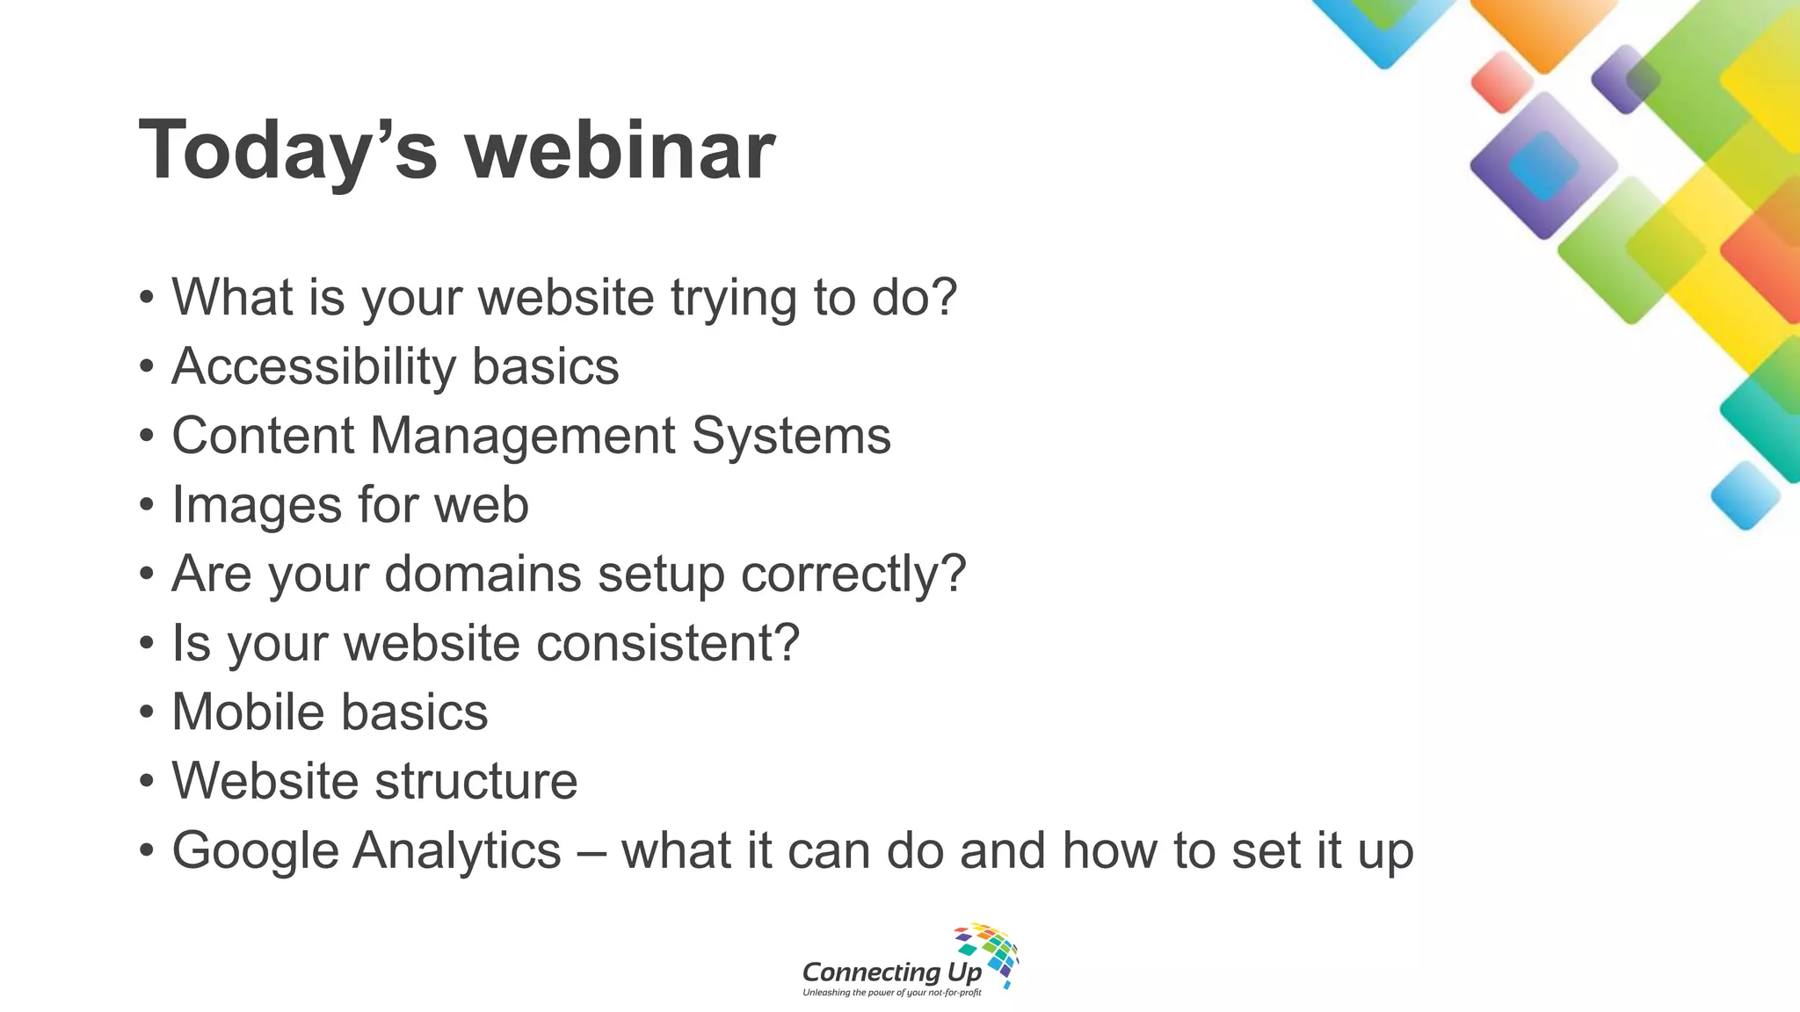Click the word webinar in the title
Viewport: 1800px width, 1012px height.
[620, 151]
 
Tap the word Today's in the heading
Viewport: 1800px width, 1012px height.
[287, 151]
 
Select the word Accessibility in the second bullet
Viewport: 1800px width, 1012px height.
[314, 366]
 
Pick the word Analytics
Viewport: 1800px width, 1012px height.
[457, 850]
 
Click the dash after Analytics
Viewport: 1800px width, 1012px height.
[591, 852]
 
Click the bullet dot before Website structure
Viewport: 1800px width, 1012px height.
[147, 782]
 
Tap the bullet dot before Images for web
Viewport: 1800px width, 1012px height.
[147, 506]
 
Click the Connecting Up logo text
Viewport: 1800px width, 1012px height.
[891, 972]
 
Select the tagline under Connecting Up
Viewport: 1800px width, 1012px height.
[891, 993]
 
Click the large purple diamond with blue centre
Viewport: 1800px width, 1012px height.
[1542, 165]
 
